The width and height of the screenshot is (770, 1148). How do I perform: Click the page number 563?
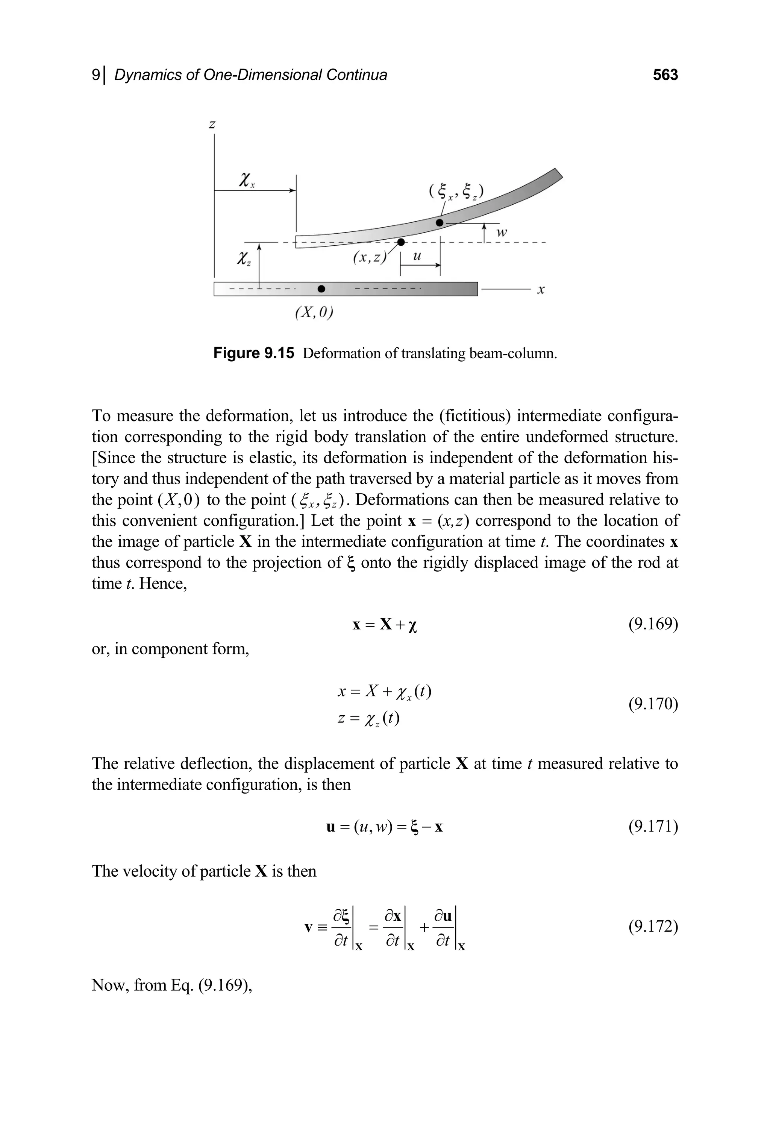point(665,75)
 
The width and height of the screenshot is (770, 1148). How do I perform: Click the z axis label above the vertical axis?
point(212,125)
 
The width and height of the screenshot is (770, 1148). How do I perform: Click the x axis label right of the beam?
point(541,290)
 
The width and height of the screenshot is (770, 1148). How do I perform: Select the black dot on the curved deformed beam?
point(440,223)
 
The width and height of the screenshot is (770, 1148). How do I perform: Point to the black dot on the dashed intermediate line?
point(401,242)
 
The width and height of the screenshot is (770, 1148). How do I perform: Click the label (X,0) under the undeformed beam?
point(314,313)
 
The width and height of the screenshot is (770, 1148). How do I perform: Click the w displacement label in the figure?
point(502,233)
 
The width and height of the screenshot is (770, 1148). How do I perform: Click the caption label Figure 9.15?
point(253,353)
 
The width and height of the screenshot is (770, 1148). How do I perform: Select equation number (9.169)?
point(653,625)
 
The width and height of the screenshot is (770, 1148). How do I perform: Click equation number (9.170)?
point(653,704)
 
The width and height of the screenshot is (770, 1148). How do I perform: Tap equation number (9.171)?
point(653,827)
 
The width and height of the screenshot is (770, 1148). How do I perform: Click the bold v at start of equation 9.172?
point(308,928)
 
